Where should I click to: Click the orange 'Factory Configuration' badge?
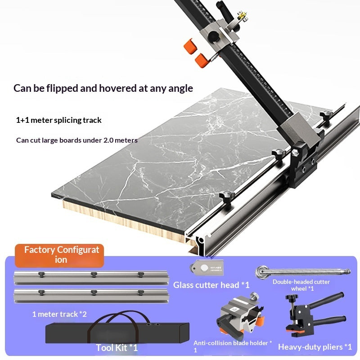click(59, 255)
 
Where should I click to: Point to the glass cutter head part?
click(207, 268)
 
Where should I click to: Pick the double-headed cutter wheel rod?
click(302, 272)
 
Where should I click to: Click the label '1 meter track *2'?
click(59, 314)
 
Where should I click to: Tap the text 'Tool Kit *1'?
click(117, 348)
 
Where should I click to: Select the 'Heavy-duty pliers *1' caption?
click(315, 347)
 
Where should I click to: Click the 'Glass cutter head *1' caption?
click(211, 285)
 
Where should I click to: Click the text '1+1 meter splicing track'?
click(59, 120)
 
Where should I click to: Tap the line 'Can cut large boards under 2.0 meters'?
click(77, 140)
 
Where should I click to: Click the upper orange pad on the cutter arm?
click(190, 46)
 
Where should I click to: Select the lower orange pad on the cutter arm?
click(202, 60)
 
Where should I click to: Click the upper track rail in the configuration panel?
click(91, 278)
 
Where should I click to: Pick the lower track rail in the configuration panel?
click(91, 296)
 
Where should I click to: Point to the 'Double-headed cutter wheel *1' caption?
click(301, 285)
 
